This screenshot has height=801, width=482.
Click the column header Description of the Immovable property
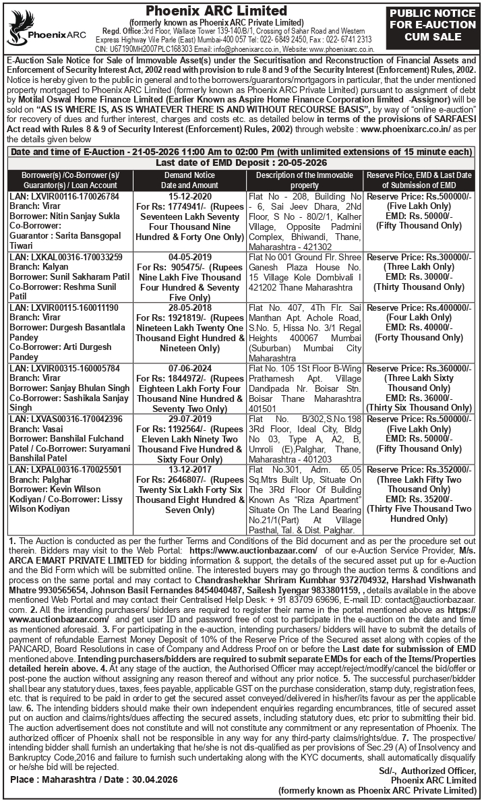coord(305,180)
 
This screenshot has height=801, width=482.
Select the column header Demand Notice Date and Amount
coord(189,180)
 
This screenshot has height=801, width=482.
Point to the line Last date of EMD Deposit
coord(241,163)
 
